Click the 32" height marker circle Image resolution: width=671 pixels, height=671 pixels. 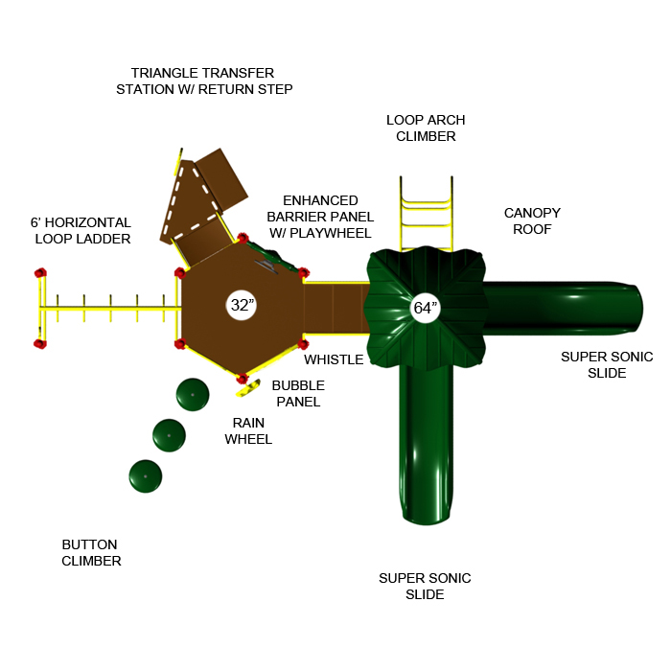point(242,306)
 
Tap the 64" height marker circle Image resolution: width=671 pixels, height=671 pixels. point(424,309)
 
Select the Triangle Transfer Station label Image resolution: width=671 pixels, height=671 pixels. point(203,81)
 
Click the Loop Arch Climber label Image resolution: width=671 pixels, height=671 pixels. point(426,127)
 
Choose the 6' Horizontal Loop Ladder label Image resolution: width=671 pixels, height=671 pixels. point(81,230)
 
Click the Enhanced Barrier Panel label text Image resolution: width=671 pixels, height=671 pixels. point(320,216)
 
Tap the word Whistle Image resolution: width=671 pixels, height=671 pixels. point(334,359)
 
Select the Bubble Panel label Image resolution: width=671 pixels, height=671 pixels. point(297,393)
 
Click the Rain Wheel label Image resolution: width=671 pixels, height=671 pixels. point(248,430)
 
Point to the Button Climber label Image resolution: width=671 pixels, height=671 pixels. point(91,552)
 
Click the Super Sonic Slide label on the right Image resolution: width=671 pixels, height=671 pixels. point(607,364)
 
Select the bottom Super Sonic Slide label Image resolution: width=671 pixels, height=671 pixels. point(425,586)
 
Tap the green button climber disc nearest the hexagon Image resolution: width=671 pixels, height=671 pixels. point(193,395)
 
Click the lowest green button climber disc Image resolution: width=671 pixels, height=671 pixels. point(146,475)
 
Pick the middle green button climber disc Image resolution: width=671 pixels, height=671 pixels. point(170,435)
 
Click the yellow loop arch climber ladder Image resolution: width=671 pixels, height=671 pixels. point(426,213)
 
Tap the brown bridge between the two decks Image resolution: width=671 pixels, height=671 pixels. point(335,307)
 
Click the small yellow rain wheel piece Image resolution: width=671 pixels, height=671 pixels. point(249,387)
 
